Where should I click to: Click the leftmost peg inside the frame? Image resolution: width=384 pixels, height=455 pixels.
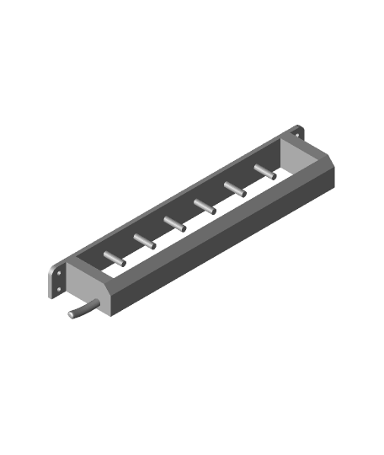114,258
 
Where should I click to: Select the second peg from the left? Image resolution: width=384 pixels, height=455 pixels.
144,240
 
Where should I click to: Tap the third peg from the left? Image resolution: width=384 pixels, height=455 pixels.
174,222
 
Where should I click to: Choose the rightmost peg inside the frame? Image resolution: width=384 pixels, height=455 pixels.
264,171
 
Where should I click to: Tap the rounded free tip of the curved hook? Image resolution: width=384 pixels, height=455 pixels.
71,315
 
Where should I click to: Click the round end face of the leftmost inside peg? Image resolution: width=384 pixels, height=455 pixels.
124,264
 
